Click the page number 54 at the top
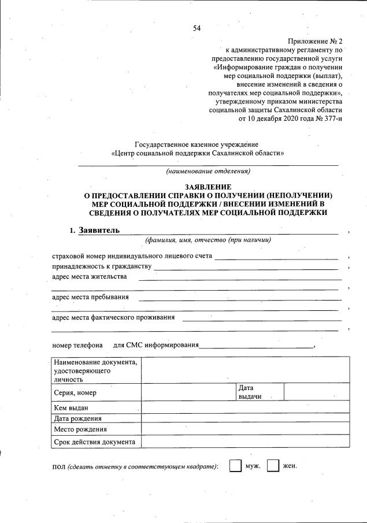point(197,28)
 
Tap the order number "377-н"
point(329,119)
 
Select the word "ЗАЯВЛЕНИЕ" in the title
point(208,187)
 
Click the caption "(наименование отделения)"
point(208,171)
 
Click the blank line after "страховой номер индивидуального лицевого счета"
point(276,258)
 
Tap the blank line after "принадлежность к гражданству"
point(246,268)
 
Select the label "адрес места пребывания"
point(90,298)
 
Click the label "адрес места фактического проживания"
point(113,317)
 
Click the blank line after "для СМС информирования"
point(255,347)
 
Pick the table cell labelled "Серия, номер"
point(75,393)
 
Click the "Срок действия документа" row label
point(94,442)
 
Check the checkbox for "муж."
point(235,466)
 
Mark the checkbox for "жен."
point(273,466)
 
